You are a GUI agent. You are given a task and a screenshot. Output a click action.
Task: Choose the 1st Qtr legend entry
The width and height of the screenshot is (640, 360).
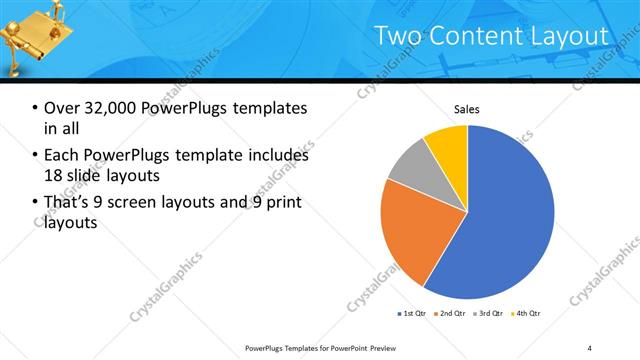[413, 314]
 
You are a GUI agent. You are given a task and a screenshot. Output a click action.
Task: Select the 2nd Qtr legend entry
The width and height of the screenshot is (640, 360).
[451, 314]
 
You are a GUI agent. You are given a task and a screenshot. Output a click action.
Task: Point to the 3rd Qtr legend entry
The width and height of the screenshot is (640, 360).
[489, 314]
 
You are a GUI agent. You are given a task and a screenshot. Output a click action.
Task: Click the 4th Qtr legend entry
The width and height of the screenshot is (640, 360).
[527, 314]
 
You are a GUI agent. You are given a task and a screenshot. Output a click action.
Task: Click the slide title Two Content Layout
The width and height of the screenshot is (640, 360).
[491, 36]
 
